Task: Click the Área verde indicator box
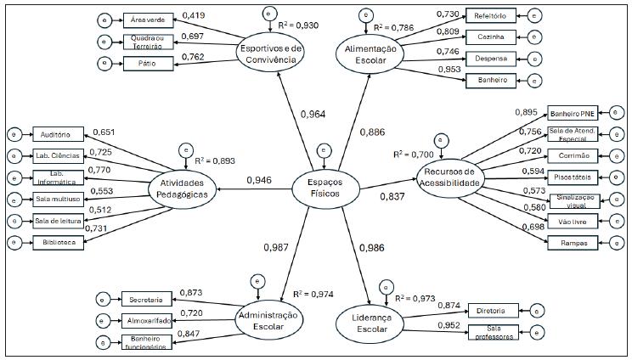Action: tap(149, 20)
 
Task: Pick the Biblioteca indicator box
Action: tap(59, 244)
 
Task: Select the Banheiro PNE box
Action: tap(573, 113)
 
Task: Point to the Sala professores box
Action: tap(494, 332)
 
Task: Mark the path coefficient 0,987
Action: tap(276, 247)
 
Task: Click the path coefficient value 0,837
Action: tap(392, 196)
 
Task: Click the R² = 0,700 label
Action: tap(413, 154)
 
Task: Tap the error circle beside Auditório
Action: tap(13, 134)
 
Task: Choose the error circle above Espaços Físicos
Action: tap(323, 151)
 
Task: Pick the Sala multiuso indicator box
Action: tap(59, 200)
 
